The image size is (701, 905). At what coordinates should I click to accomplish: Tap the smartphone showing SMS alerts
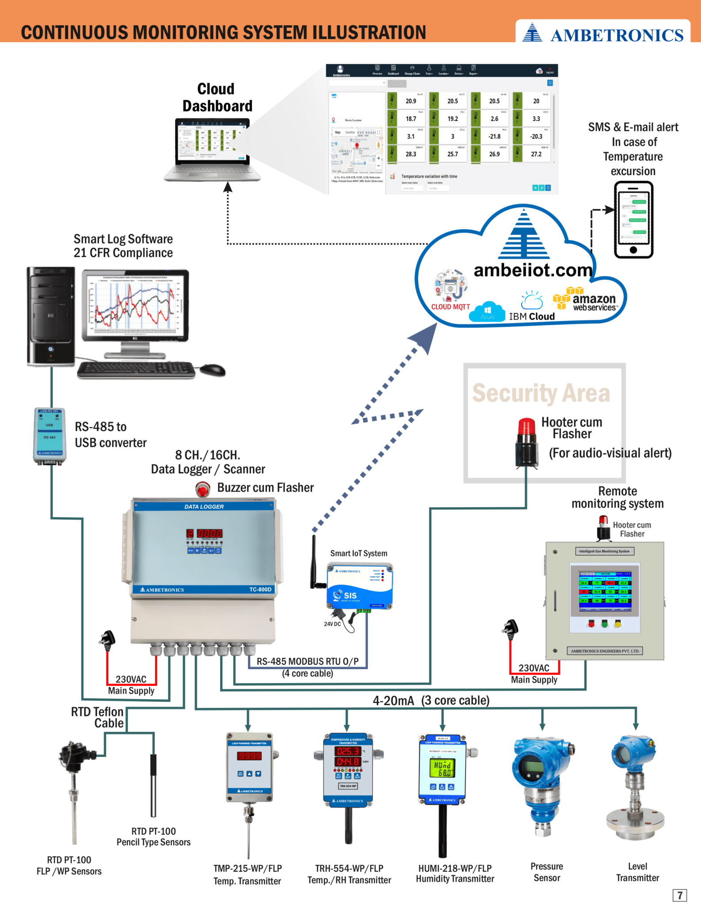[x=633, y=220]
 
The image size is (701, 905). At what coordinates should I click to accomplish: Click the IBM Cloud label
[x=531, y=316]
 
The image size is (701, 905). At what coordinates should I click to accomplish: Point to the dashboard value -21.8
[x=494, y=137]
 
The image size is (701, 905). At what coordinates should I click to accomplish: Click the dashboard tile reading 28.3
[x=411, y=154]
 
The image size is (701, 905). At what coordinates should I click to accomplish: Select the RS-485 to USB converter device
[x=50, y=436]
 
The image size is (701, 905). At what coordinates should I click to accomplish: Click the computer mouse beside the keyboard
[x=213, y=369]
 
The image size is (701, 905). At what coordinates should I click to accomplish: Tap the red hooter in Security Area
[x=526, y=442]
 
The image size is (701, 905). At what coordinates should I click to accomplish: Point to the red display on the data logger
[x=204, y=533]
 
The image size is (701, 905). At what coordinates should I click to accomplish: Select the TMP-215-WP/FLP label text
[x=248, y=868]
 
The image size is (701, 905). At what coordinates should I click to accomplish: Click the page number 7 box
[x=679, y=895]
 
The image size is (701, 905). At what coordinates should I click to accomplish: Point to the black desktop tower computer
[x=50, y=316]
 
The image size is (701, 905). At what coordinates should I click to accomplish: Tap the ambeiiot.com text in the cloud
[x=533, y=270]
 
